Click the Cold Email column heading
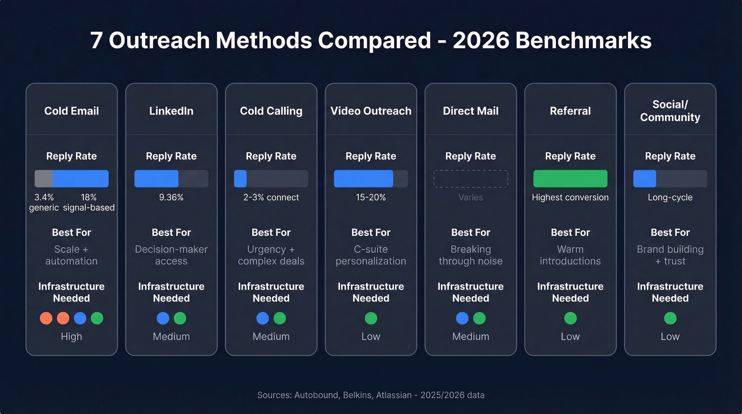(72, 111)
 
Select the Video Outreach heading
(371, 111)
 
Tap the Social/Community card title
(670, 111)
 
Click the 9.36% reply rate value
(171, 197)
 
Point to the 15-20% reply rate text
(371, 197)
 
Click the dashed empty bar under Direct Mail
(471, 179)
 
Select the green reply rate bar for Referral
(570, 179)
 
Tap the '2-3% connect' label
(271, 197)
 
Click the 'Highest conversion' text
(570, 197)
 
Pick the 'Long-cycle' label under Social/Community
(670, 197)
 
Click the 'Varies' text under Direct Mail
(471, 197)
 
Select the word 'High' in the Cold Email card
(72, 337)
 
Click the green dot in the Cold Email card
(97, 318)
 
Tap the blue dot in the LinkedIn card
(163, 318)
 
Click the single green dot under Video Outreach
(371, 318)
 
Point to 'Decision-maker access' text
(171, 255)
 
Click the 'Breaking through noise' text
(471, 255)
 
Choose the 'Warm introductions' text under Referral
(570, 255)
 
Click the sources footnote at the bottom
(371, 395)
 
